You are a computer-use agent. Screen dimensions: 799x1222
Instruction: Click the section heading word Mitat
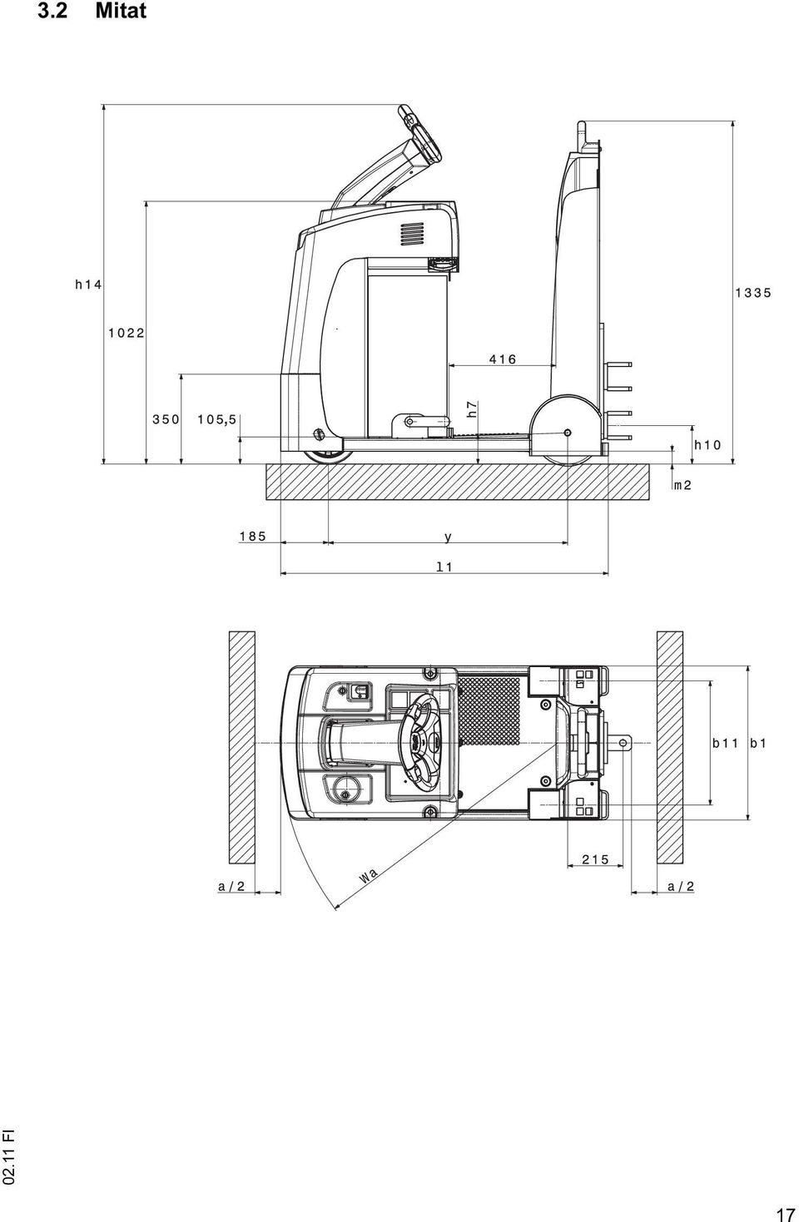click(x=121, y=11)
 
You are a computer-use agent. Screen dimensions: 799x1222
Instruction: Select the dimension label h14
click(x=88, y=284)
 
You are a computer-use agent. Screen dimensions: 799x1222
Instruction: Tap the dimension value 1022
click(x=127, y=333)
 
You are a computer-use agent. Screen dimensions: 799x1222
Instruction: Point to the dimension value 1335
click(x=754, y=293)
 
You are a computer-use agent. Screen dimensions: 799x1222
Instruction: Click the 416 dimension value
click(x=503, y=359)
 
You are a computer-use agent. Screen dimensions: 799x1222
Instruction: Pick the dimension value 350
click(x=166, y=419)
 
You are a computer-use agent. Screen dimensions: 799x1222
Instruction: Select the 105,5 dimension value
click(x=217, y=419)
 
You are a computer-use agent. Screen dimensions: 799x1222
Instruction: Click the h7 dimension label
click(x=473, y=409)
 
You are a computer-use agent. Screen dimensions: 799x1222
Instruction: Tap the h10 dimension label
click(x=707, y=445)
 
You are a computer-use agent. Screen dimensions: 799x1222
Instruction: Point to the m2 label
click(x=682, y=485)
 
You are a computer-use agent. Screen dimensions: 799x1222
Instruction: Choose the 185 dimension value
click(x=253, y=537)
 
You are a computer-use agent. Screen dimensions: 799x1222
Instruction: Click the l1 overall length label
click(x=444, y=566)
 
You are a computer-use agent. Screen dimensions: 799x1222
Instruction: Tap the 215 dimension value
click(x=595, y=860)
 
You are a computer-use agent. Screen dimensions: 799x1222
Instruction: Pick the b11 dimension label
click(x=725, y=743)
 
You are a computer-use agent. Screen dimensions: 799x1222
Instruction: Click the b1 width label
click(x=758, y=743)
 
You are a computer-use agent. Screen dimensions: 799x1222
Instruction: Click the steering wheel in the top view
click(x=419, y=744)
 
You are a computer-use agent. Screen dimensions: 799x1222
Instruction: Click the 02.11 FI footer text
click(x=8, y=1160)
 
